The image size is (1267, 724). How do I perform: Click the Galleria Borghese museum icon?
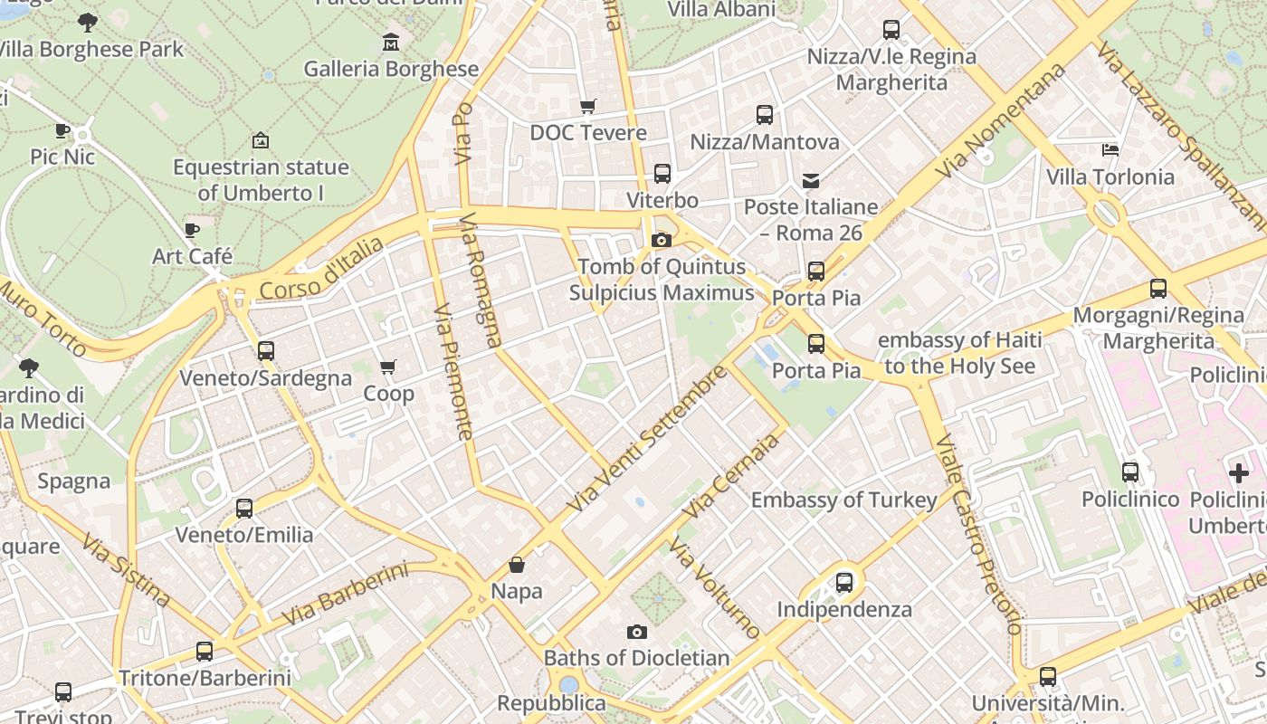click(x=390, y=42)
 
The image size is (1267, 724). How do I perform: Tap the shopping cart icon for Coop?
click(x=388, y=367)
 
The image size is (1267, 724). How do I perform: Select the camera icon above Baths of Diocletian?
click(x=637, y=632)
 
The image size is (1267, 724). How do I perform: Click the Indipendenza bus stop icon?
click(x=844, y=582)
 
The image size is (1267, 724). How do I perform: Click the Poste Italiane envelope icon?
click(x=811, y=181)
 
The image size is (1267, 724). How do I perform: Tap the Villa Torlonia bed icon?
click(x=1110, y=149)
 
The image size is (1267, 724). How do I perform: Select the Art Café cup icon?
click(x=192, y=230)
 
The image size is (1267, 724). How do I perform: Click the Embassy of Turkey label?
click(x=843, y=500)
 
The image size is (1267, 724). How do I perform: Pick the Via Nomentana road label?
click(x=1001, y=121)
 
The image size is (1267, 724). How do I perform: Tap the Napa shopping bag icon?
click(x=517, y=565)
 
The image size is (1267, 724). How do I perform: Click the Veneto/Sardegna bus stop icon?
click(x=266, y=351)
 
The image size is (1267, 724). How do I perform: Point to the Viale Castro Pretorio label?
click(x=980, y=534)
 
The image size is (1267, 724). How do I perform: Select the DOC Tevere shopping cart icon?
click(x=588, y=106)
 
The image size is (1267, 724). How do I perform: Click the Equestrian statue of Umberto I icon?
click(x=261, y=140)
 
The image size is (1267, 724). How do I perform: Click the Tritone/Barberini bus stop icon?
click(x=205, y=652)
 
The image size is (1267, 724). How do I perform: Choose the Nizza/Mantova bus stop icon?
click(x=765, y=115)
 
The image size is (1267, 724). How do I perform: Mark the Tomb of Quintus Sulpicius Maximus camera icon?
click(x=662, y=240)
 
